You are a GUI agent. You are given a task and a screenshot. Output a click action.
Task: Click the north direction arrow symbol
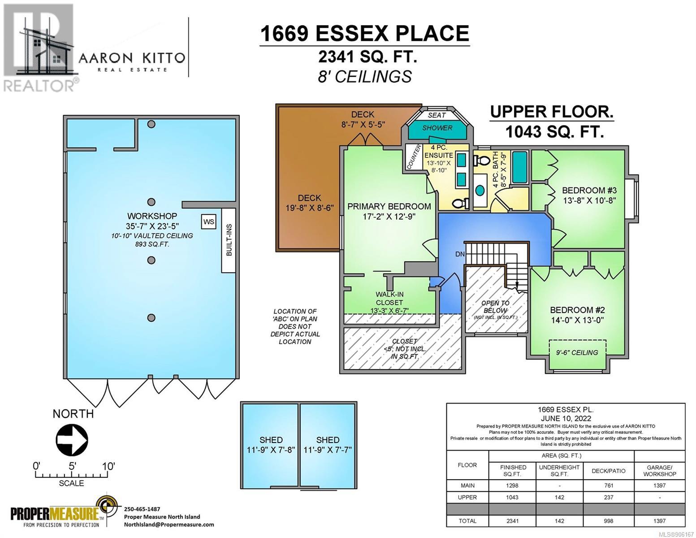pyautogui.click(x=72, y=439)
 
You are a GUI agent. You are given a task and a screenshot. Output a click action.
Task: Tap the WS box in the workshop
pyautogui.click(x=208, y=222)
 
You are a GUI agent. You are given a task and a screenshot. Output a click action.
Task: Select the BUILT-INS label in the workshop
pyautogui.click(x=229, y=240)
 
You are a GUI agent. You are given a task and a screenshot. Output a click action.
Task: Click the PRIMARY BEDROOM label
pyautogui.click(x=389, y=206)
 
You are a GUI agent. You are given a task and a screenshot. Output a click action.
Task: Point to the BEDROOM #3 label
pyautogui.click(x=589, y=191)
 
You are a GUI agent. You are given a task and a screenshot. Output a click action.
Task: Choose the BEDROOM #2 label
pyautogui.click(x=578, y=310)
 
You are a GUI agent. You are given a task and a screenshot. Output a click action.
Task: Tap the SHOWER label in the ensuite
pyautogui.click(x=437, y=128)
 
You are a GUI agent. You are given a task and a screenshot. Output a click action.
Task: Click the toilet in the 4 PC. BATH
pyautogui.click(x=480, y=160)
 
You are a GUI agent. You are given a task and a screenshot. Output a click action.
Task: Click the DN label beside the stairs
pyautogui.click(x=460, y=254)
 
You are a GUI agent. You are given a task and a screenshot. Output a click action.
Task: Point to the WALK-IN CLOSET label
pyautogui.click(x=389, y=298)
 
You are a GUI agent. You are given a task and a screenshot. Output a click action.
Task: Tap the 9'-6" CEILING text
pyautogui.click(x=577, y=352)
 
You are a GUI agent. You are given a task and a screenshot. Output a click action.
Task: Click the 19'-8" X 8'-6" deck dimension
pyautogui.click(x=310, y=208)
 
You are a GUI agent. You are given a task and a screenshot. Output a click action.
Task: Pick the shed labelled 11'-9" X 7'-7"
pyautogui.click(x=328, y=445)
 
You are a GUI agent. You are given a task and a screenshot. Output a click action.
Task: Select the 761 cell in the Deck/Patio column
pyautogui.click(x=609, y=486)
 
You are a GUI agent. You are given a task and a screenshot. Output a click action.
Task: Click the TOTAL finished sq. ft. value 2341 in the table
pyautogui.click(x=512, y=521)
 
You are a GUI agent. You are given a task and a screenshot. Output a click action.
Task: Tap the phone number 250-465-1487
pyautogui.click(x=142, y=509)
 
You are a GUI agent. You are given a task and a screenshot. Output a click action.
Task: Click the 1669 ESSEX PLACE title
pyautogui.click(x=364, y=33)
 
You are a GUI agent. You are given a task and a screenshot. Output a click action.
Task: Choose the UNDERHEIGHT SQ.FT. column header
pyautogui.click(x=559, y=471)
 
